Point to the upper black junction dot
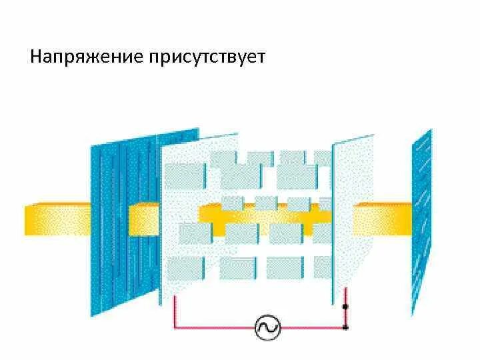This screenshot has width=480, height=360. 345,307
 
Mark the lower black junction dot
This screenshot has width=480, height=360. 345,327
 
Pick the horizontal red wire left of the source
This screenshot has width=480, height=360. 213,327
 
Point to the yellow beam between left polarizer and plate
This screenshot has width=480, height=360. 144,219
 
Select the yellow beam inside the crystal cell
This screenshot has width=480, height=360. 267,215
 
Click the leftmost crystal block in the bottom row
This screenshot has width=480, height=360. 185,268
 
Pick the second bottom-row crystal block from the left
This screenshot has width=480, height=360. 238,268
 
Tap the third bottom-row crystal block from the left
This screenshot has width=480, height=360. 285,268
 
